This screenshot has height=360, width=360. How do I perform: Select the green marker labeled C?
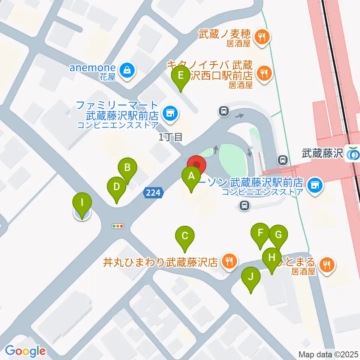[184, 237]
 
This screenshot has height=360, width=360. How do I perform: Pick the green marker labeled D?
[116, 187]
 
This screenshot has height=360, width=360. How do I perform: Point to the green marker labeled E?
[181, 76]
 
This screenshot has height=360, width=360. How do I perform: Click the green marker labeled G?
[278, 235]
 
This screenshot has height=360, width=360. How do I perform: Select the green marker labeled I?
[82, 204]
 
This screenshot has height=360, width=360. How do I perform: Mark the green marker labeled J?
[251, 278]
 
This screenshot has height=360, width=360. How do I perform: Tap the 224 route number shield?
[153, 193]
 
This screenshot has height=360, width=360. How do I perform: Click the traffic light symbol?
[118, 226]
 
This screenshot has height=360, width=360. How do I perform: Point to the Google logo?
[25, 351]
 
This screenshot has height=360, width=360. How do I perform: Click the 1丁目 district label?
[171, 137]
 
